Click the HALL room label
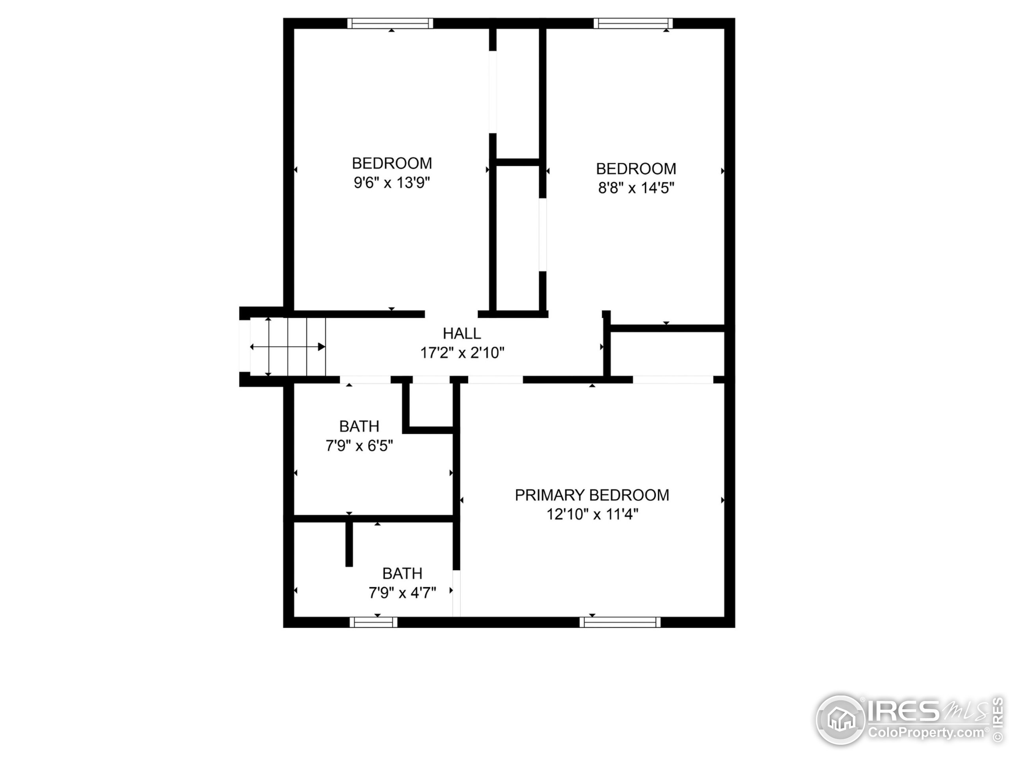[462, 334]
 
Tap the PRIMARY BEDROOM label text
[592, 495]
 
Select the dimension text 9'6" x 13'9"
[392, 183]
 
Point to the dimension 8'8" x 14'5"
[636, 188]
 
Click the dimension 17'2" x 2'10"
[462, 353]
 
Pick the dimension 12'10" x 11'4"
[592, 515]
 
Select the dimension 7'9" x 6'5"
[359, 446]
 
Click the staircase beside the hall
[288, 347]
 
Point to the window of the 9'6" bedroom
[390, 23]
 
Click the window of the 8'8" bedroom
[633, 23]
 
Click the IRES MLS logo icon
[840, 720]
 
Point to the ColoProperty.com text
[926, 733]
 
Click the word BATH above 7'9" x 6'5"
[359, 426]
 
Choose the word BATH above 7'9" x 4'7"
[402, 574]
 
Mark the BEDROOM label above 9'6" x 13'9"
[392, 163]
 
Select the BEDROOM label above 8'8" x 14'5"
[636, 169]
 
